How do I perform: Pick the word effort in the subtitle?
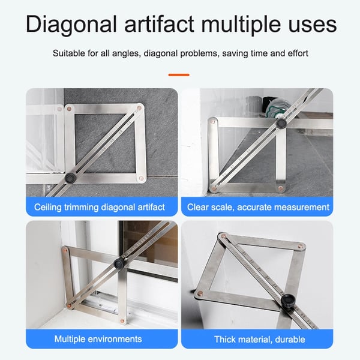click(296, 53)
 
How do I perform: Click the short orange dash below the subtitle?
click(179, 75)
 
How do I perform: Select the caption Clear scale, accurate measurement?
click(258, 207)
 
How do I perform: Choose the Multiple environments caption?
click(98, 339)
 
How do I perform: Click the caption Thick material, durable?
click(259, 339)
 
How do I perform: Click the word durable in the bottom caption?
click(289, 339)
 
